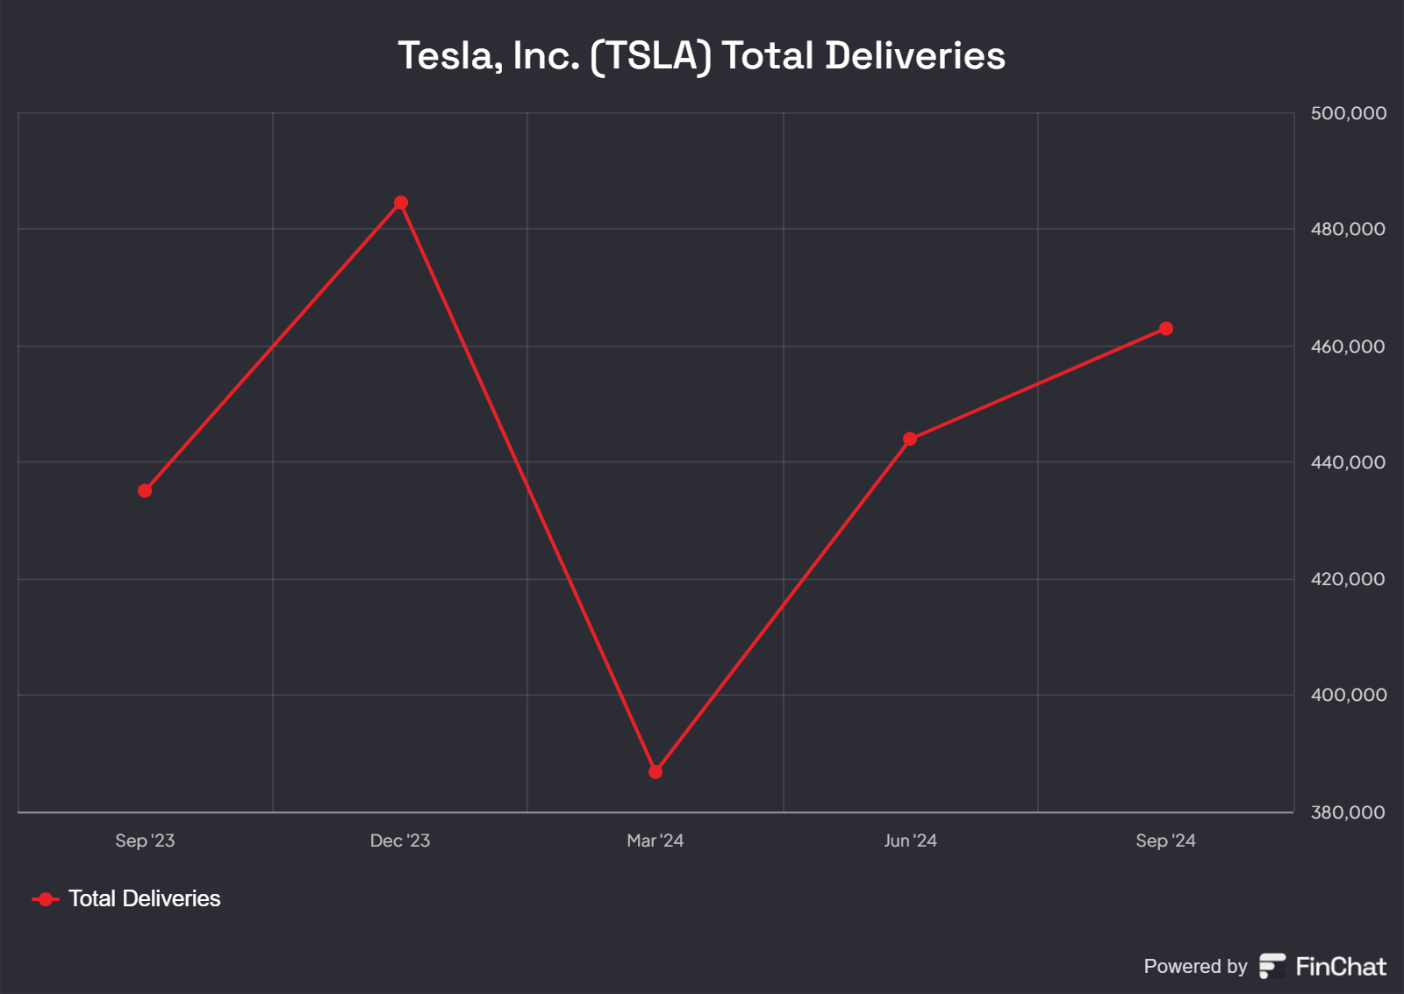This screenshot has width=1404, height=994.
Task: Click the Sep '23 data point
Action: pos(145,490)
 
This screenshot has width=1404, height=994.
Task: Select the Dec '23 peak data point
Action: pos(401,203)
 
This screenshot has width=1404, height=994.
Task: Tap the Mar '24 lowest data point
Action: pos(655,772)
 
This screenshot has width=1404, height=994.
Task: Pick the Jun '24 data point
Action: pos(910,439)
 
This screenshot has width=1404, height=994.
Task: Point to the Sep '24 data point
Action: pos(1166,329)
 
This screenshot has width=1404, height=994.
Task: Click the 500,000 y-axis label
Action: pos(1348,113)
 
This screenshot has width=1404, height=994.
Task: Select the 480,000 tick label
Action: pos(1348,229)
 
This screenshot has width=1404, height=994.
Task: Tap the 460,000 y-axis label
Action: pos(1348,347)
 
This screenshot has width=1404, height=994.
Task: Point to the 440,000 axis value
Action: pos(1348,462)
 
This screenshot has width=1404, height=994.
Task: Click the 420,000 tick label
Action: pos(1348,579)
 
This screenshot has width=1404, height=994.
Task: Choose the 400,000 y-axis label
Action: pos(1348,695)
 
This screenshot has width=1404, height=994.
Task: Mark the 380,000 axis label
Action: pos(1348,812)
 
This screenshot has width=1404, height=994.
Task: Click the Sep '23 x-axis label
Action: pos(145,840)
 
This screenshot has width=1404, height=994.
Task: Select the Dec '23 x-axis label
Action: pos(400,840)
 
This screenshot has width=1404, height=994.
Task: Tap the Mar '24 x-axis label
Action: pos(655,840)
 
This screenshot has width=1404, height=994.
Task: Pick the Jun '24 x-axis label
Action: pos(910,840)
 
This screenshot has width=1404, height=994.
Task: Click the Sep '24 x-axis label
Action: pos(1165,840)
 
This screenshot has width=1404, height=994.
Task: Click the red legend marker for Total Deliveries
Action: pos(46,899)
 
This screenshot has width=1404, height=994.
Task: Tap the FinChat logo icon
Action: pos(1272,966)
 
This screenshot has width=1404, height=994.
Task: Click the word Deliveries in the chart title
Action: pos(915,56)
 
